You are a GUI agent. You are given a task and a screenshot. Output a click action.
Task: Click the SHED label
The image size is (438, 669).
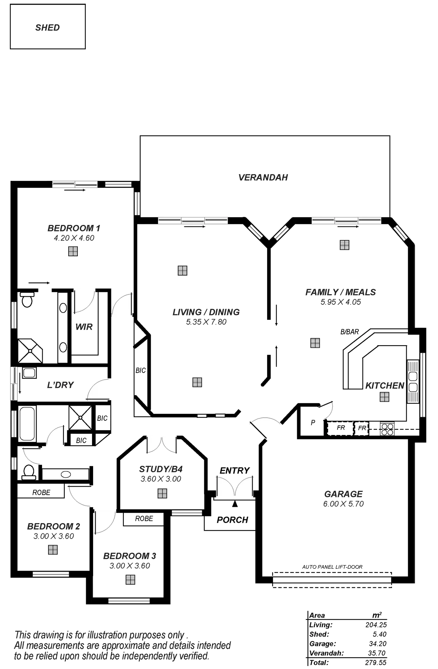(48, 28)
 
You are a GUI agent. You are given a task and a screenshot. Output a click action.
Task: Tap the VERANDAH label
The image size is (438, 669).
(264, 177)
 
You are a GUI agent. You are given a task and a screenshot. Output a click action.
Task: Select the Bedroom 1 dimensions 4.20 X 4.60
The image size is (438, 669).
(74, 238)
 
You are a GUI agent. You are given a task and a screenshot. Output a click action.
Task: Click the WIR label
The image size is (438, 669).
(84, 327)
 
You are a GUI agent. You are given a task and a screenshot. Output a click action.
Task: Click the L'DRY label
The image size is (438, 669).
(61, 384)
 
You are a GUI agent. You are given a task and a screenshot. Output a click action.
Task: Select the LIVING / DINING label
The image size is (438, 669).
(206, 312)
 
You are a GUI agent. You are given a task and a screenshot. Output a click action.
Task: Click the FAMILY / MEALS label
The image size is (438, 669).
(341, 292)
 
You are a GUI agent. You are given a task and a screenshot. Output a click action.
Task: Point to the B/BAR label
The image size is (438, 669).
(350, 332)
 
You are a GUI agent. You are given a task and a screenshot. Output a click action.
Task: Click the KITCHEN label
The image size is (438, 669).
(385, 385)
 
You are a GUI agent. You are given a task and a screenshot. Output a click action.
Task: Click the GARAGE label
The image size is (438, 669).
(343, 494)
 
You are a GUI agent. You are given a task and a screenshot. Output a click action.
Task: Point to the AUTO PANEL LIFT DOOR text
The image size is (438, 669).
(332, 567)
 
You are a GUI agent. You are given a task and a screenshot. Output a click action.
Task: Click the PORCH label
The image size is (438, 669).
(233, 520)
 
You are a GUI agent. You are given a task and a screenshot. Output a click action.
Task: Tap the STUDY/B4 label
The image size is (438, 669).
(161, 469)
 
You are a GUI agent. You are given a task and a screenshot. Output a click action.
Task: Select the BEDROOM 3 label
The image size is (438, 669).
(130, 556)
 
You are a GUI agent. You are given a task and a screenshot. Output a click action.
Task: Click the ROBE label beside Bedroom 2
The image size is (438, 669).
(41, 492)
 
